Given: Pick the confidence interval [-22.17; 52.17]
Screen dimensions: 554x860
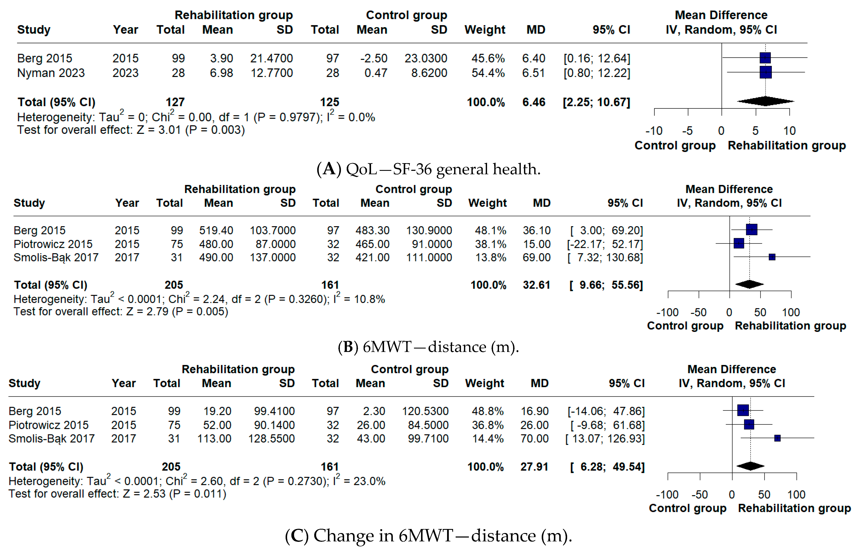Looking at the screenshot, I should (605, 244).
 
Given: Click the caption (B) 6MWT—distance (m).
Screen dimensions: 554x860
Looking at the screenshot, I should (428, 347).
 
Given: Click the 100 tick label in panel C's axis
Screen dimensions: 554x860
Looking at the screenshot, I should (796, 494).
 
